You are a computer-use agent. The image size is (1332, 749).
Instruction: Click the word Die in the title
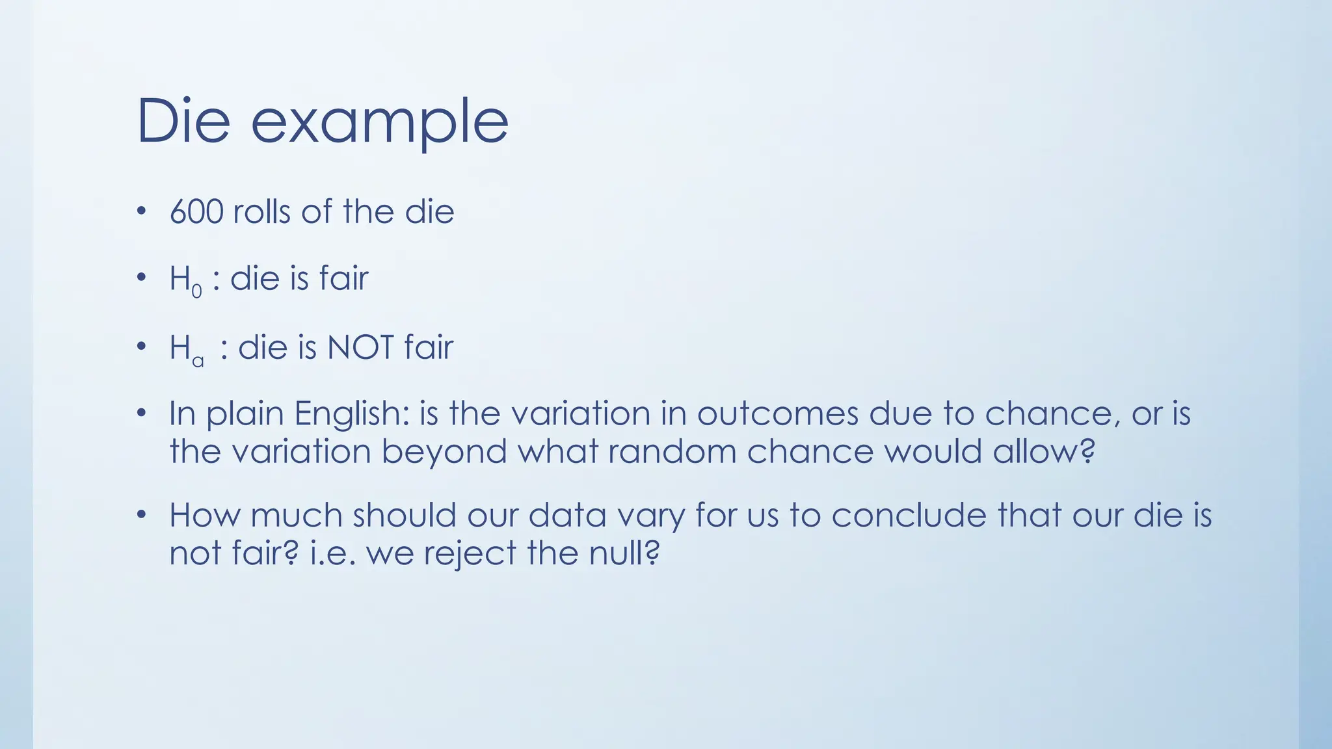(184, 121)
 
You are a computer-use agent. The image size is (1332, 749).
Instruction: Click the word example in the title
(379, 124)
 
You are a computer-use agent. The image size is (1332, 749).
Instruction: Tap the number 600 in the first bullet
(196, 212)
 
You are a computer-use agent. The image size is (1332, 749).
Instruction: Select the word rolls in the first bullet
(261, 212)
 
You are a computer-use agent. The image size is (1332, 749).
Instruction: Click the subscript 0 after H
(196, 292)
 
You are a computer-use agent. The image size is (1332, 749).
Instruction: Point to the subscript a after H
(198, 361)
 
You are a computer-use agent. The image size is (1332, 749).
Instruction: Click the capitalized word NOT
(360, 347)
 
